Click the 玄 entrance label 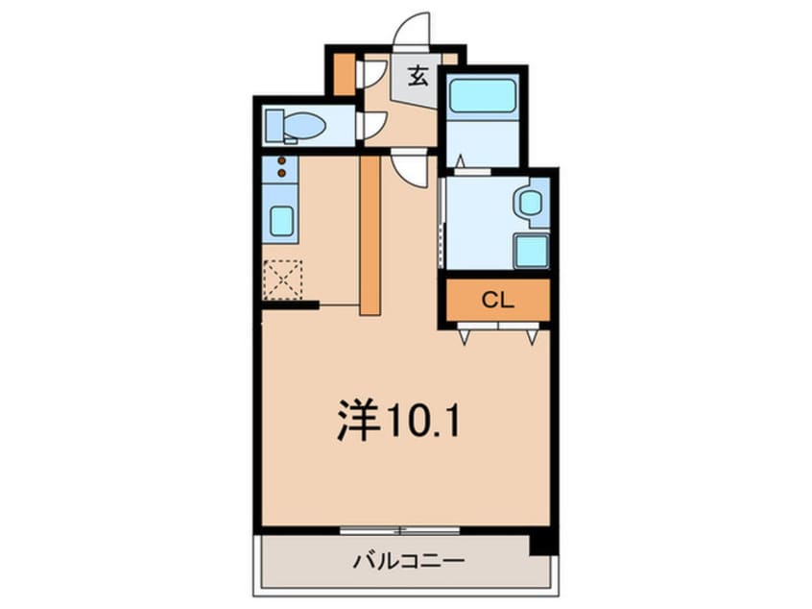418,76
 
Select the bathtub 483,96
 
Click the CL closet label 495,300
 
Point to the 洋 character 355,422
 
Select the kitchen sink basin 282,222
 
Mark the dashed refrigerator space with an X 282,280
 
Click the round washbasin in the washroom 529,203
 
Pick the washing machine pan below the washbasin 531,251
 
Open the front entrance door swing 415,31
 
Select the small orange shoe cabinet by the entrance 344,76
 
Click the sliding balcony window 399,528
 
